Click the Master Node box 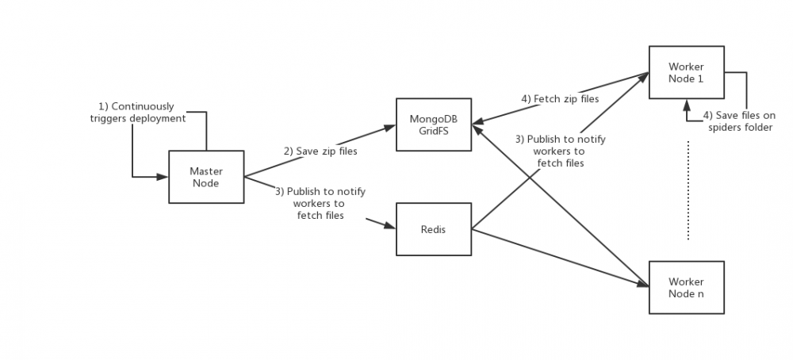pyautogui.click(x=205, y=177)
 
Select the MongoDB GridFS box pyautogui.click(x=434, y=124)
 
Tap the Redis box pyautogui.click(x=434, y=229)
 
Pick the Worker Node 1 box pyautogui.click(x=686, y=72)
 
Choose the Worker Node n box pyautogui.click(x=686, y=287)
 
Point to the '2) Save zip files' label pyautogui.click(x=320, y=150)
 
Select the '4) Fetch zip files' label pyautogui.click(x=560, y=98)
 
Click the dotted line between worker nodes pyautogui.click(x=688, y=190)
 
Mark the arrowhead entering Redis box pyautogui.click(x=390, y=227)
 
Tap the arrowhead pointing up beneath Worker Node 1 pyautogui.click(x=687, y=103)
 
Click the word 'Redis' pyautogui.click(x=434, y=229)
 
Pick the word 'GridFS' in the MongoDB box pyautogui.click(x=434, y=130)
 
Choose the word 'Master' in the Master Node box pyautogui.click(x=205, y=171)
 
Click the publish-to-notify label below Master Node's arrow pyautogui.click(x=320, y=203)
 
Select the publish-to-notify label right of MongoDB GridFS pyautogui.click(x=560, y=151)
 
